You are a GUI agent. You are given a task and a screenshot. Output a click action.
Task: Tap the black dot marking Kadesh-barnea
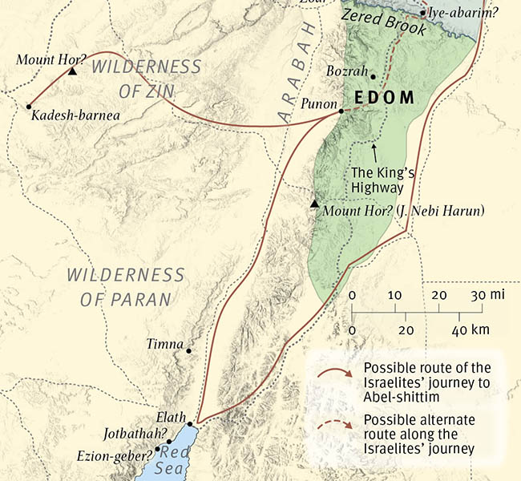pyautogui.click(x=29, y=106)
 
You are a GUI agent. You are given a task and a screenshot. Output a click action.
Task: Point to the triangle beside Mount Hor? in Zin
pyautogui.click(x=72, y=71)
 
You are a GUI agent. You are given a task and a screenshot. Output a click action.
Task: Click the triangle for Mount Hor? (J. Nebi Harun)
pyautogui.click(x=315, y=204)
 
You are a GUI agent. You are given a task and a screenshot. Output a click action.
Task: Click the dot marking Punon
pyautogui.click(x=341, y=111)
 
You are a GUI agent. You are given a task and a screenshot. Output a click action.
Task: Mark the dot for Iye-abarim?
pyautogui.click(x=423, y=14)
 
